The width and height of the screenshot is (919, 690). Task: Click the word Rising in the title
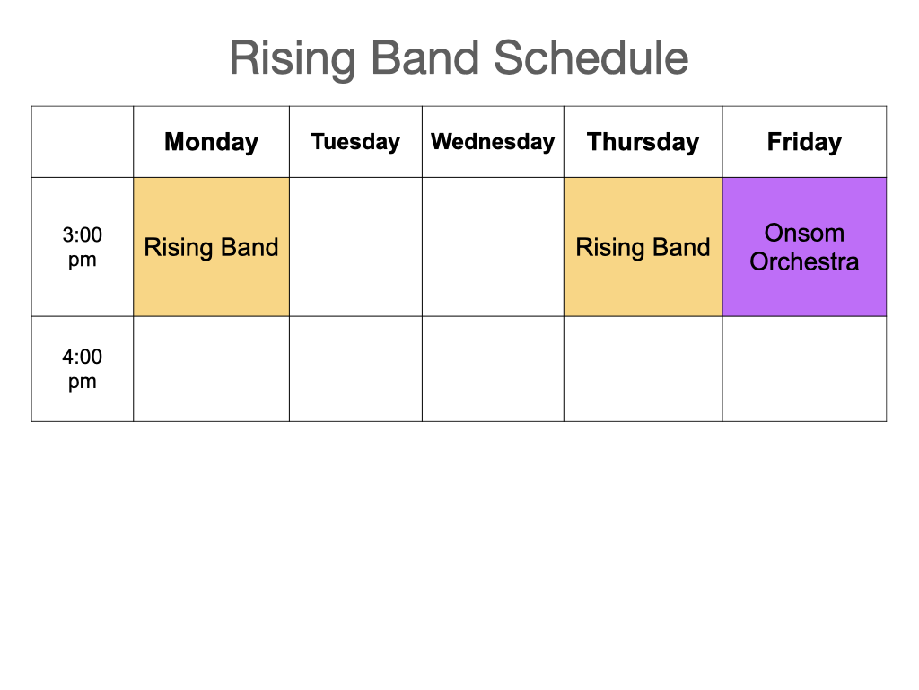click(292, 59)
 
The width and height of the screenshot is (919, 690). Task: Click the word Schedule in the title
click(591, 57)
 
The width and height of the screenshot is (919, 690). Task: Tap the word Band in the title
click(424, 57)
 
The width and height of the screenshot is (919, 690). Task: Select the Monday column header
click(211, 142)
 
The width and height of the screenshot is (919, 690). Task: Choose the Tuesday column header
click(355, 142)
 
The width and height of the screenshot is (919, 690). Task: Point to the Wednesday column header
click(493, 142)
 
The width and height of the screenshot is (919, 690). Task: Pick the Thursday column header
click(643, 142)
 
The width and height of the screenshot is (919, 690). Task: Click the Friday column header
click(804, 142)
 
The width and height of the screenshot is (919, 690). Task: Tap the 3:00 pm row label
click(82, 247)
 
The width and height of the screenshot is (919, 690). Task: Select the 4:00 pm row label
click(82, 369)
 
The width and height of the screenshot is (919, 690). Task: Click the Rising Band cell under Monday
click(211, 247)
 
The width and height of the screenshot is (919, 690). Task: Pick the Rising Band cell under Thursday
click(643, 247)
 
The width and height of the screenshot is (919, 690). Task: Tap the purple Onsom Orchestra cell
click(804, 247)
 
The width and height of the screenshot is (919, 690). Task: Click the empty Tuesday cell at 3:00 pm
click(355, 247)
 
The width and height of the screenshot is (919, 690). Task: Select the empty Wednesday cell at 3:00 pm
click(493, 247)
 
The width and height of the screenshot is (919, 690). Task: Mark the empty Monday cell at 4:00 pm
click(211, 369)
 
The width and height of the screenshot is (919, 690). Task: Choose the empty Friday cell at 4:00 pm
click(804, 369)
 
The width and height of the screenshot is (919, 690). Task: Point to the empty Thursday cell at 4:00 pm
click(643, 369)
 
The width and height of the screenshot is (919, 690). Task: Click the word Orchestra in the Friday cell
click(804, 261)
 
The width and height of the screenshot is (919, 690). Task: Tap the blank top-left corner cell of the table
click(82, 142)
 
